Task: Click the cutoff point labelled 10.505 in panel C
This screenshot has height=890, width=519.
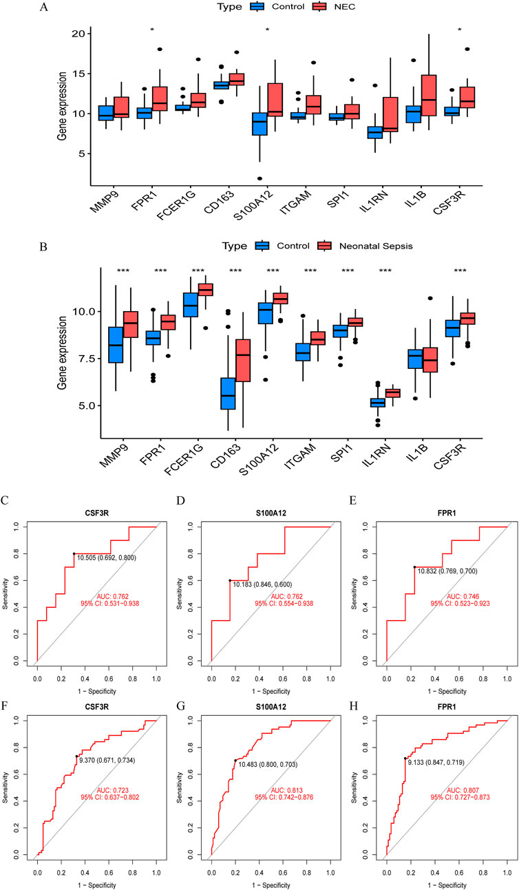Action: click(74, 553)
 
